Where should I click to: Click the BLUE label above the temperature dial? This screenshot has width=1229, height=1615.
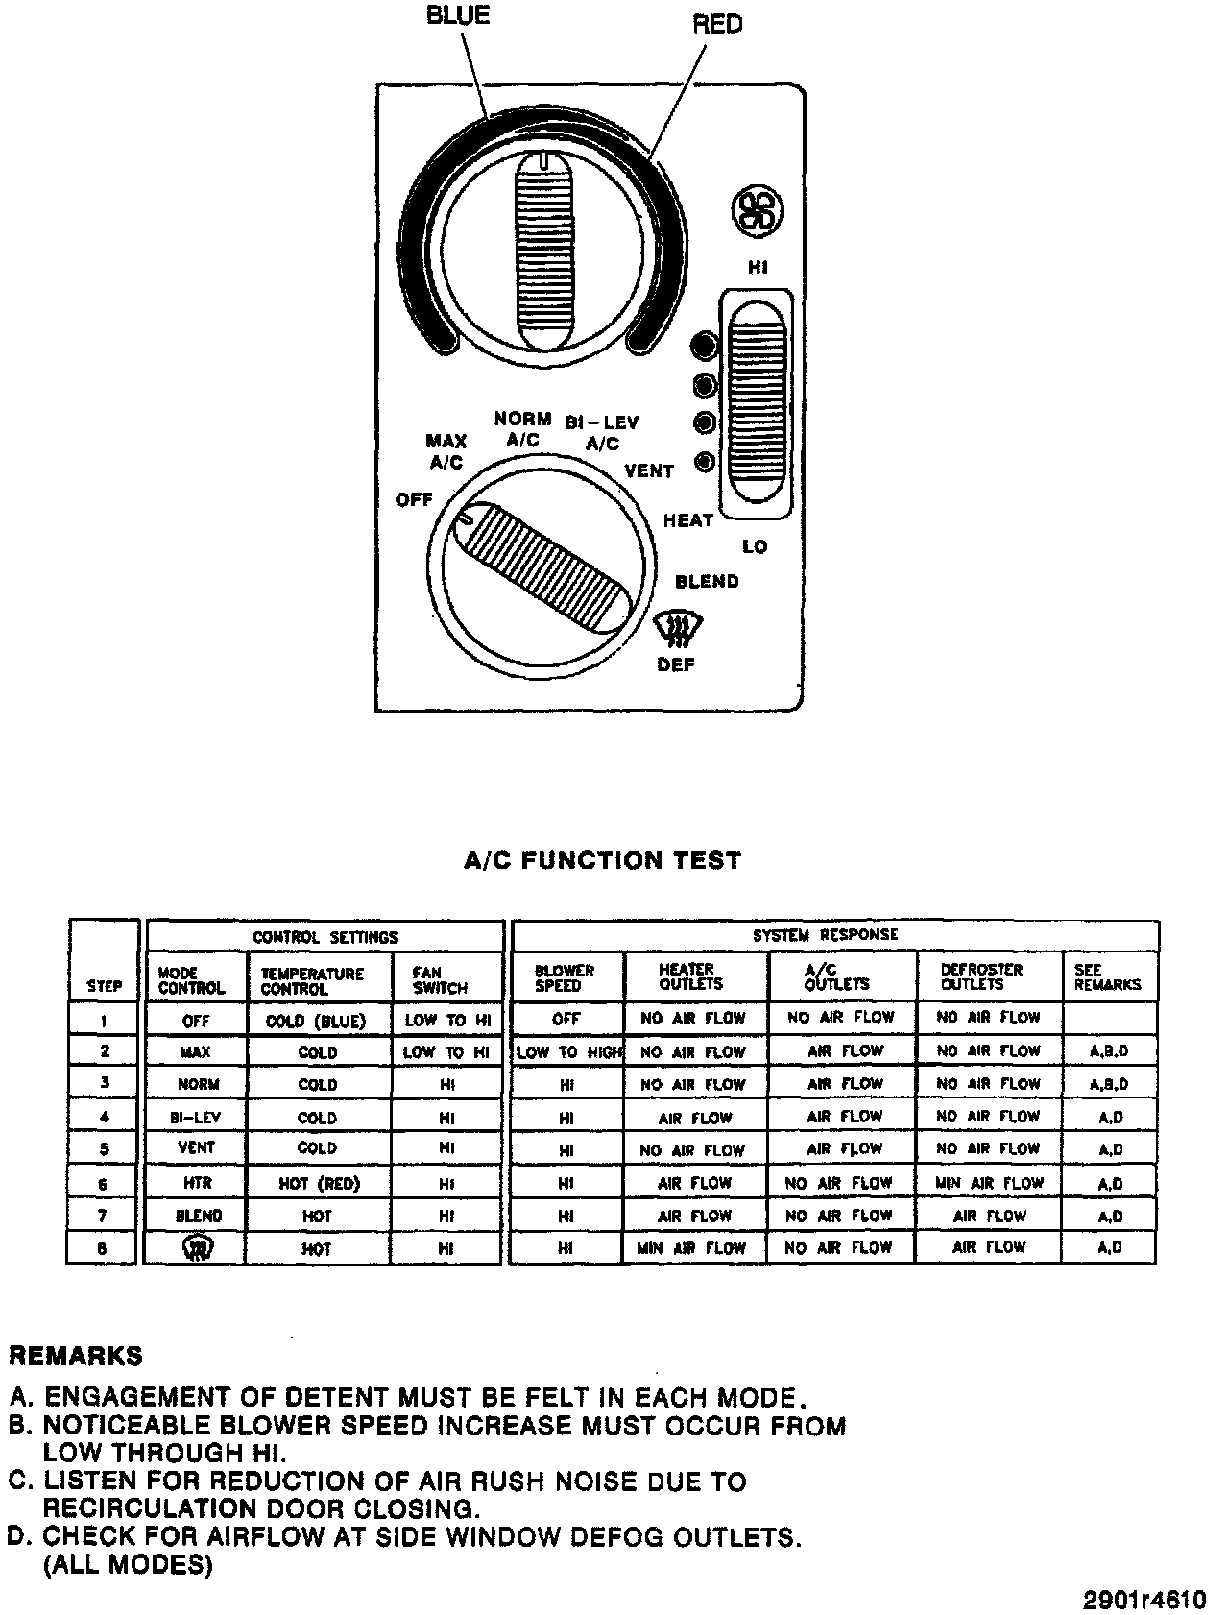tap(458, 15)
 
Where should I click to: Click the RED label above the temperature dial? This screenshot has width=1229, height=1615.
tap(717, 24)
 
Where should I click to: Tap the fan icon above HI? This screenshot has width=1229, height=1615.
tap(757, 210)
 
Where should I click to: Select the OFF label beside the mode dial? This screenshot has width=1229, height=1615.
tap(414, 500)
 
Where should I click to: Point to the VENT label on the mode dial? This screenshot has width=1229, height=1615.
tap(649, 470)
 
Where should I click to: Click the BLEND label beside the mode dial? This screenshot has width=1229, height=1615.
tap(707, 581)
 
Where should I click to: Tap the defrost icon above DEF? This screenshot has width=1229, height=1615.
tap(674, 630)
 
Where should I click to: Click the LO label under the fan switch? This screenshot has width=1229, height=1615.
tap(755, 546)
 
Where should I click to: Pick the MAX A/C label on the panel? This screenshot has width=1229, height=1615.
tap(446, 451)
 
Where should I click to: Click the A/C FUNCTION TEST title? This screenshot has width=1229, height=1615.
tap(602, 859)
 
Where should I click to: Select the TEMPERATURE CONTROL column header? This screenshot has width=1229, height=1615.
tap(312, 980)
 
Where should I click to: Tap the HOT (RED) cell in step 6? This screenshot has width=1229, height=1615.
tap(319, 1184)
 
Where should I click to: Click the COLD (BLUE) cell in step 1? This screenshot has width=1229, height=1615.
tap(316, 1022)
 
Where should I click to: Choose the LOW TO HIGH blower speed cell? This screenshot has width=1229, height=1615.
tap(568, 1052)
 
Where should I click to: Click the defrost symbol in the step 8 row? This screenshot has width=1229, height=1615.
tap(197, 1247)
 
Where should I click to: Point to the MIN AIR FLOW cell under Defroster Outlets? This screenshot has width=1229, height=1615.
tap(989, 1183)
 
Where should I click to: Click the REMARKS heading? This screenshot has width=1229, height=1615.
tap(75, 1356)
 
